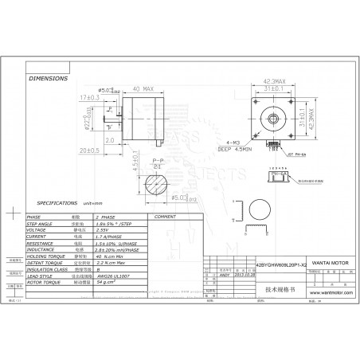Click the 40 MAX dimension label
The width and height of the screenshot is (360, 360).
[x=143, y=89]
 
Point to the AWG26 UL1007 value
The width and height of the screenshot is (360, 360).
[x=114, y=274]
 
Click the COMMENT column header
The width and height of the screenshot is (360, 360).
[x=165, y=216]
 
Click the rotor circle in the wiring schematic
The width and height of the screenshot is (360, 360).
[x=262, y=210]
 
